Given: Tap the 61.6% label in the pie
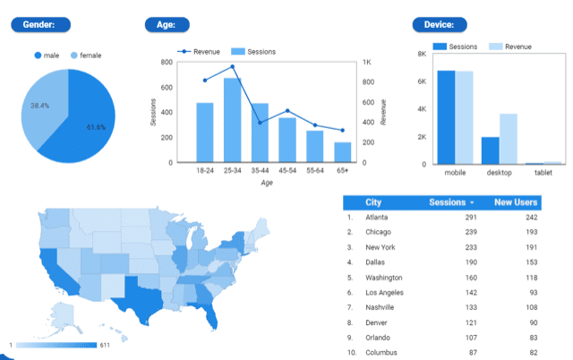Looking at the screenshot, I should [97, 127].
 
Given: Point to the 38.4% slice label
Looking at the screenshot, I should [39, 105].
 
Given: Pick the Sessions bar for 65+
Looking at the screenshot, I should [343, 152].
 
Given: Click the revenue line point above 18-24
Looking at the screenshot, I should [205, 80].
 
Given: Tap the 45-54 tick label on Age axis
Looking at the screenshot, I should [287, 170].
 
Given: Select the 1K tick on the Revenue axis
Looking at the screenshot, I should [368, 62].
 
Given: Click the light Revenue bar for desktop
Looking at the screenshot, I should [508, 139].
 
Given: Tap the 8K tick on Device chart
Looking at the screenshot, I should [422, 54].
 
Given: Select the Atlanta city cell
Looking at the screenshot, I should [377, 218].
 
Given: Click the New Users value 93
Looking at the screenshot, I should [531, 293].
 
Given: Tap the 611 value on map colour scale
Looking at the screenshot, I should [105, 345].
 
